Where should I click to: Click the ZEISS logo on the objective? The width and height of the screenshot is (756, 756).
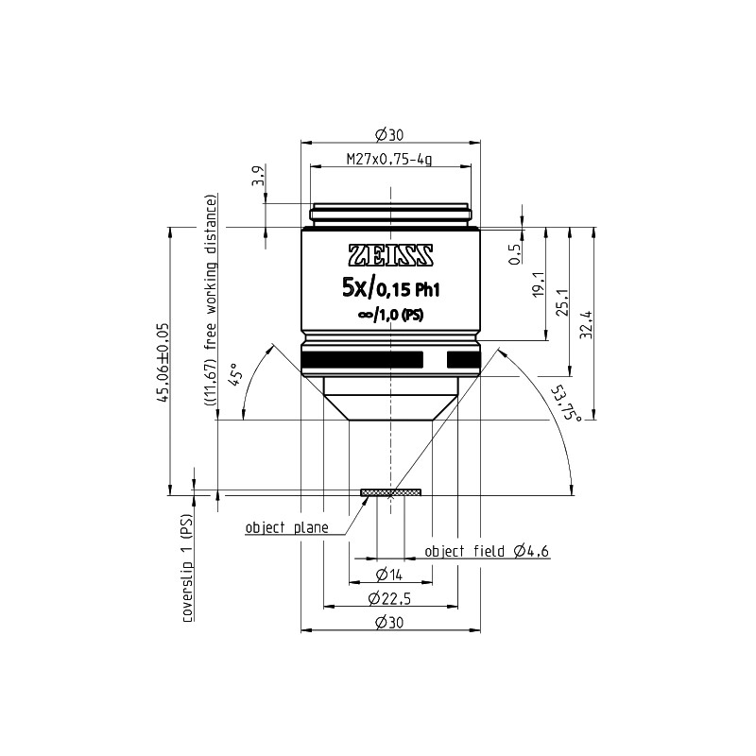click(390, 255)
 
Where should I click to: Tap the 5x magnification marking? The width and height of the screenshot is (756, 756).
click(354, 289)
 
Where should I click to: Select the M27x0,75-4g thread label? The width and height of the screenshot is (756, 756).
click(389, 159)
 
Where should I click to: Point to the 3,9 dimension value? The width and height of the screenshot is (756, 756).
click(260, 176)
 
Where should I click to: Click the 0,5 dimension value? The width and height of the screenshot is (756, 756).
click(514, 253)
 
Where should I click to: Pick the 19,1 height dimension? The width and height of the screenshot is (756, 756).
click(539, 283)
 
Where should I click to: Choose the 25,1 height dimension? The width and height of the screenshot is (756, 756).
click(562, 302)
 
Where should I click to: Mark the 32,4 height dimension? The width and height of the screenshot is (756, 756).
click(586, 324)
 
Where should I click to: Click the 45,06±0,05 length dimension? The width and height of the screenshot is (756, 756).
click(162, 363)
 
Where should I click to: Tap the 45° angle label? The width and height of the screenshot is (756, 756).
click(235, 374)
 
